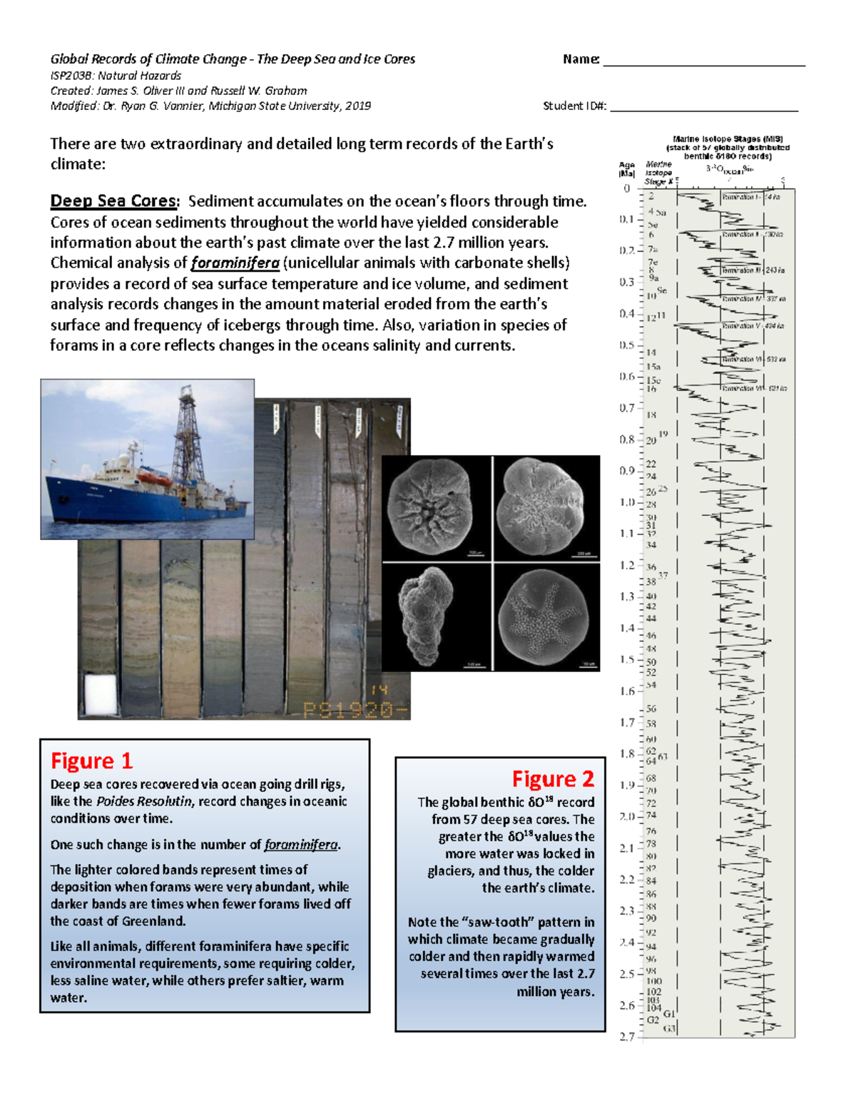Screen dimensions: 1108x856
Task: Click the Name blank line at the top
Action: pyautogui.click(x=703, y=64)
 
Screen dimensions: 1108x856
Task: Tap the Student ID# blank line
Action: pyautogui.click(x=703, y=111)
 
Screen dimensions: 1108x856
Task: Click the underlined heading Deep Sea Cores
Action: pyautogui.click(x=113, y=201)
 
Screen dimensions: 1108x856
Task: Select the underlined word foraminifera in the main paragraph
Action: pyautogui.click(x=235, y=263)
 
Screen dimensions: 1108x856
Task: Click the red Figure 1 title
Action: pyautogui.click(x=91, y=761)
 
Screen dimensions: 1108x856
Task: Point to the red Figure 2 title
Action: pyautogui.click(x=553, y=778)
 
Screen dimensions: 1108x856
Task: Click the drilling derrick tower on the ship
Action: pyautogui.click(x=188, y=428)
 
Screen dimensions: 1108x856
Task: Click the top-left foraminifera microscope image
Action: pyautogui.click(x=436, y=507)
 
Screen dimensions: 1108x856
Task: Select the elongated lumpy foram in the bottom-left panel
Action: pyautogui.click(x=427, y=615)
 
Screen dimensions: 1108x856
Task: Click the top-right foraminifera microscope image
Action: pyautogui.click(x=546, y=507)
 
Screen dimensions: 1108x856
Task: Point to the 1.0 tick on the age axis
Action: pyautogui.click(x=628, y=502)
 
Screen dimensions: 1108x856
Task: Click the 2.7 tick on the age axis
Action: pyautogui.click(x=628, y=1037)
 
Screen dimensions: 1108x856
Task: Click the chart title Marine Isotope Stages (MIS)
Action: pyautogui.click(x=728, y=139)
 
